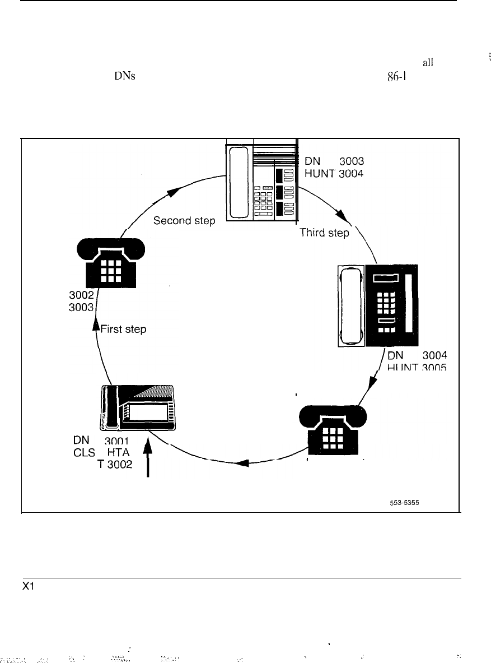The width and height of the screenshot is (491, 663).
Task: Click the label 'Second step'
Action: (x=184, y=221)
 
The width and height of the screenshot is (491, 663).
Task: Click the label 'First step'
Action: (x=123, y=330)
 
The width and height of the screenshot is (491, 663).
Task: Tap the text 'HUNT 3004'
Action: (x=334, y=173)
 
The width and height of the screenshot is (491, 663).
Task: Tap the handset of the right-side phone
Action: (x=352, y=306)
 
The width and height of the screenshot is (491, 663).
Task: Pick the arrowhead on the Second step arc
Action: (x=174, y=192)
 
